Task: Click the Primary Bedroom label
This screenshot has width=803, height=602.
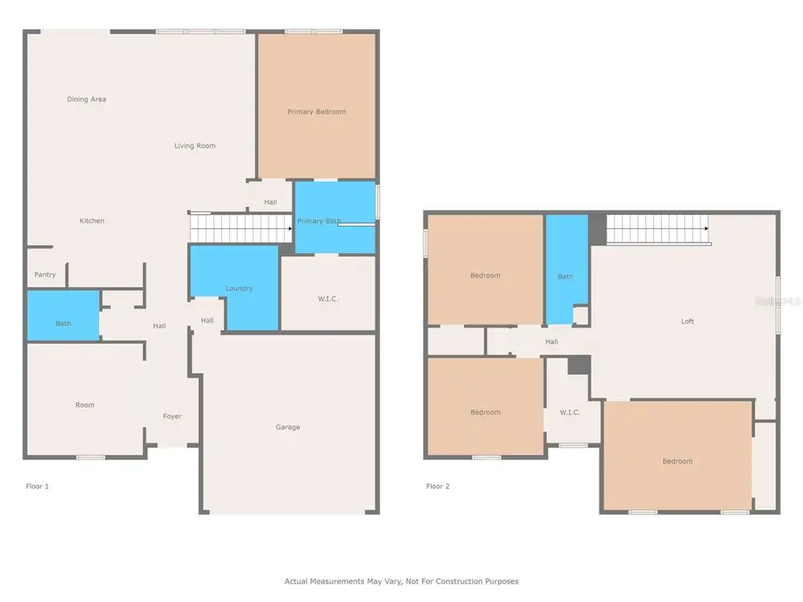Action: [316, 111]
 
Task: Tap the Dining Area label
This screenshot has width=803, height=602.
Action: [87, 99]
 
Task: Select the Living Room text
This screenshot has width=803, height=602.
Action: [195, 145]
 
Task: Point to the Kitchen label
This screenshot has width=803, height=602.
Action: [92, 220]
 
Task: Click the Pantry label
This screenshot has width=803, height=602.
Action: [45, 275]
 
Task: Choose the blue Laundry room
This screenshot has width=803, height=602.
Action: [236, 288]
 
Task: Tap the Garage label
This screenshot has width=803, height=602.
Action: [287, 427]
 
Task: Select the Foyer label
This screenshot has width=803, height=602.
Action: [172, 416]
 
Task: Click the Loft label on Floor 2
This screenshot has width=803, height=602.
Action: [687, 321]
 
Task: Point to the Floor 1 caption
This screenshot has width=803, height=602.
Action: [37, 486]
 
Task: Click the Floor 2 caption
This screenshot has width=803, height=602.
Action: [438, 486]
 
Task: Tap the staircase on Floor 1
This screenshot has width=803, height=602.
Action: [241, 228]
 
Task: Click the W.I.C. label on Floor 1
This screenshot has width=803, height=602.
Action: [327, 299]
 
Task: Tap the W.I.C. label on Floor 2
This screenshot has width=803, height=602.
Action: [570, 412]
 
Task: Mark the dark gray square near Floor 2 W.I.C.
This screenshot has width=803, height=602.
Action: [579, 365]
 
